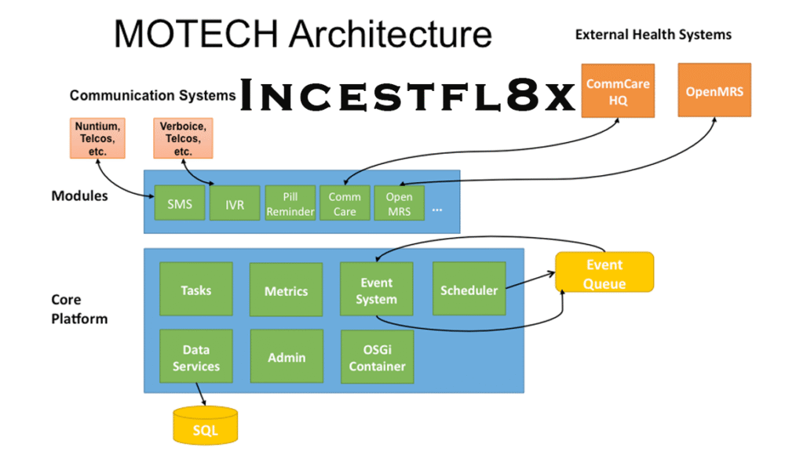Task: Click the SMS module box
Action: coord(179,203)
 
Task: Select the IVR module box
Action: coord(234,203)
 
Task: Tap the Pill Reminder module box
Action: coord(290,203)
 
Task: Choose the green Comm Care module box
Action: coord(344,203)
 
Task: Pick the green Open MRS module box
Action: coord(399,203)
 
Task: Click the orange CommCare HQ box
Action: coord(618,91)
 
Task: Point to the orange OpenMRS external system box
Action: coord(714,91)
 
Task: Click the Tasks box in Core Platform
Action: coord(195,290)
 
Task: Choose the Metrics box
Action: coord(286,290)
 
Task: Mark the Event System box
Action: coord(376,290)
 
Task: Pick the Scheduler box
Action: coord(469,290)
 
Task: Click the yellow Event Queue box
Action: coord(604,272)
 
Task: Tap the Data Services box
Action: coord(195,357)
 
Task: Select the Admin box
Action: coord(287,357)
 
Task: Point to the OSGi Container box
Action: coord(377,357)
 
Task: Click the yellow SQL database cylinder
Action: coord(205,425)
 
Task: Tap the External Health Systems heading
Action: coord(653,35)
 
